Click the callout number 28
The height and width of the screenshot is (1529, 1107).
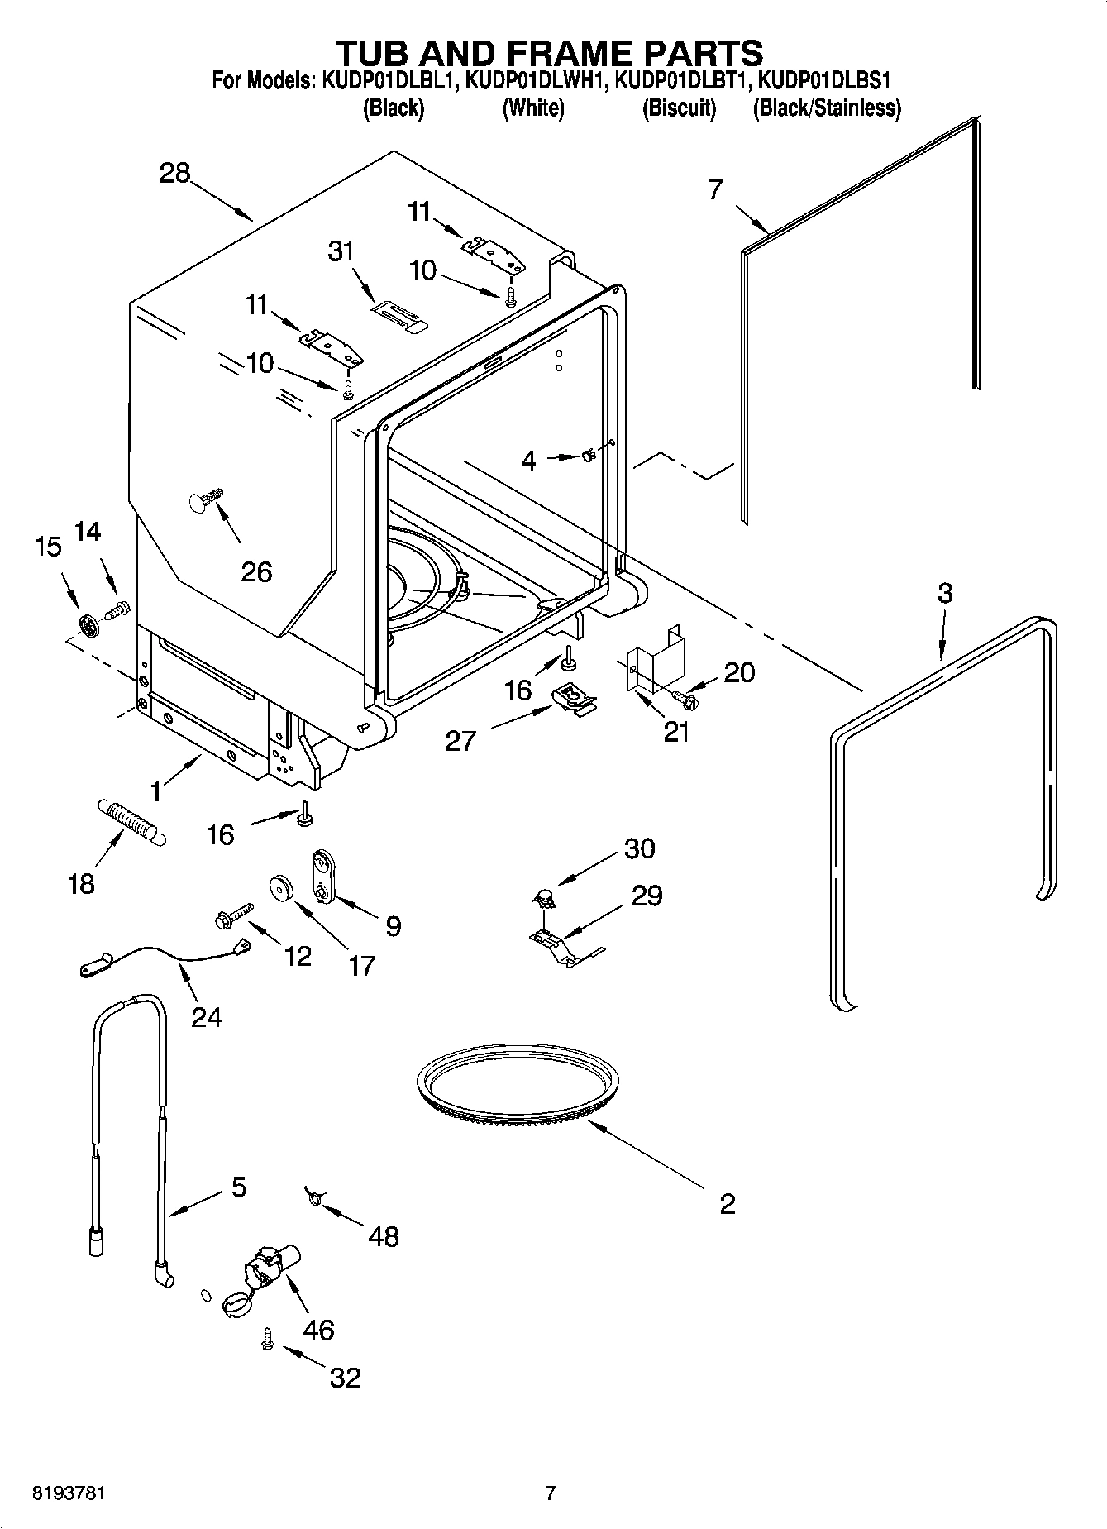[x=175, y=173]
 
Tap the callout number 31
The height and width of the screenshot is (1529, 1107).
[x=341, y=251]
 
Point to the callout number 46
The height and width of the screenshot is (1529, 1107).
[x=319, y=1329]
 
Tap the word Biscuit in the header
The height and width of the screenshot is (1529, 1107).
[x=679, y=108]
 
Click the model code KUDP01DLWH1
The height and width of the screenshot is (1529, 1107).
[x=537, y=81]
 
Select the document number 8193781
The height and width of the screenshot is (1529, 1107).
[x=69, y=1493]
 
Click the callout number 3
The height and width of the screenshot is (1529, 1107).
[x=945, y=593]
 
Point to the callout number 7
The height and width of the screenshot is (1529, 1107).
[x=715, y=189]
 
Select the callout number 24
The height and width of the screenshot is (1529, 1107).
[x=207, y=1016]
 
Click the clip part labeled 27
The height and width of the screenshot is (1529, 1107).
[x=574, y=695]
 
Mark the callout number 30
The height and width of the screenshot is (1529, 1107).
[x=640, y=848]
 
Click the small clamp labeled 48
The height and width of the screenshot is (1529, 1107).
[x=315, y=1195]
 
